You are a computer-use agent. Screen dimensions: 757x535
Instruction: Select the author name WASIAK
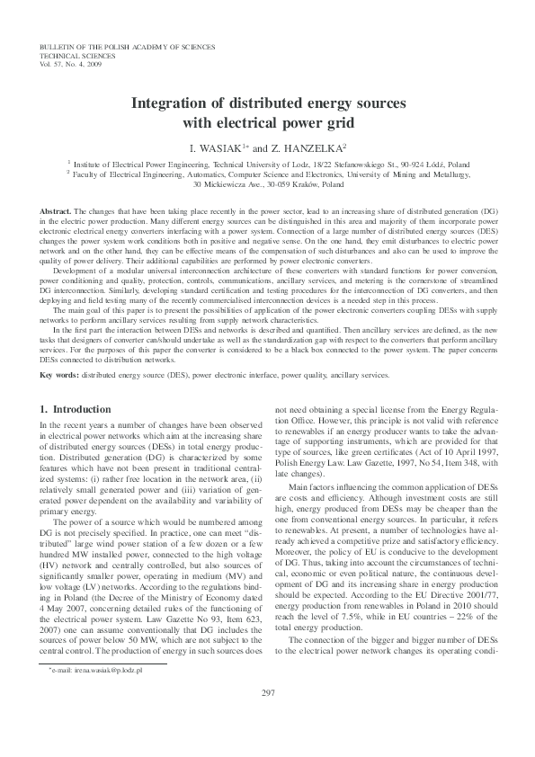[x=220, y=147]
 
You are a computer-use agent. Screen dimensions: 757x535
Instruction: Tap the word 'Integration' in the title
[x=170, y=103]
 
